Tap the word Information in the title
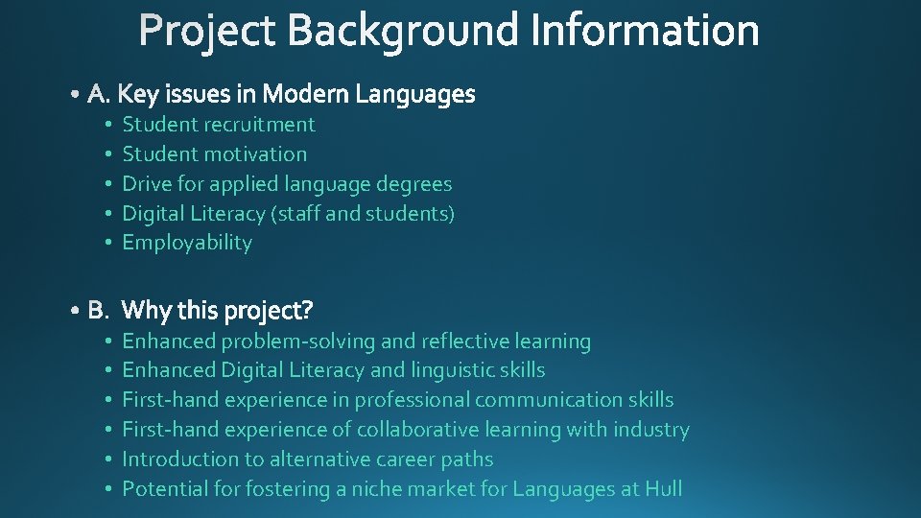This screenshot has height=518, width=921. [645, 31]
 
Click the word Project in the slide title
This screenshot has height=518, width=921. [208, 31]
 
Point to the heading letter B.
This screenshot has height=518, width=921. [98, 311]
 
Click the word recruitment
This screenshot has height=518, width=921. [259, 125]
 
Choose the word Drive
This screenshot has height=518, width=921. [145, 184]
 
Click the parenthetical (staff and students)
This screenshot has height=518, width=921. [364, 214]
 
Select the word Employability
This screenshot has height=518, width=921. [187, 243]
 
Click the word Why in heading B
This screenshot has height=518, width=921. [145, 311]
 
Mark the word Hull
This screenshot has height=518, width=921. [663, 489]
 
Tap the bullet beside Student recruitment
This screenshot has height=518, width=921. [110, 125]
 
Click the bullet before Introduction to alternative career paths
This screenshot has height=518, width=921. [110, 459]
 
